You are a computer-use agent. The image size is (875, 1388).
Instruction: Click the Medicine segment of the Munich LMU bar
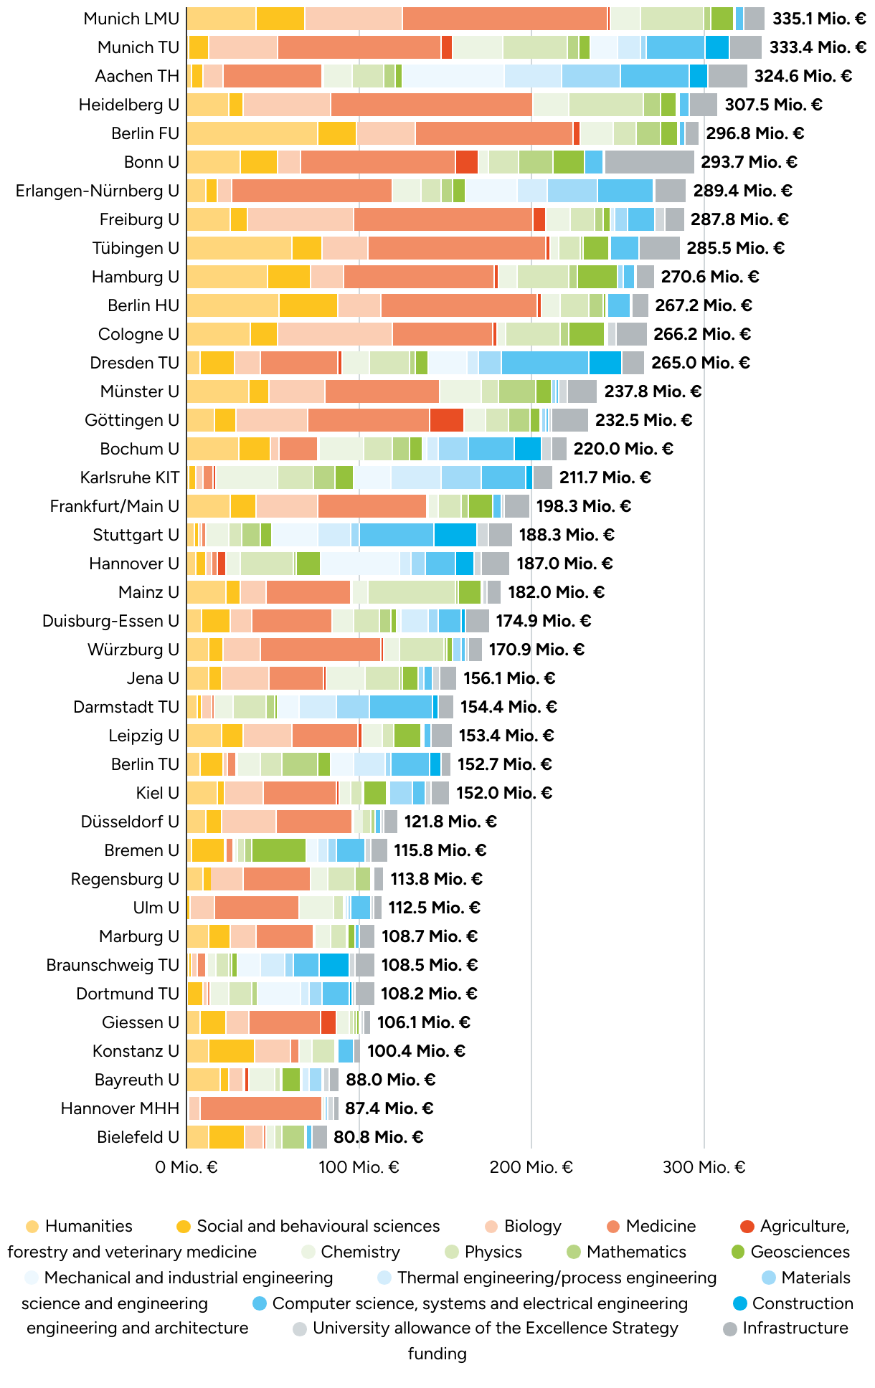(x=505, y=19)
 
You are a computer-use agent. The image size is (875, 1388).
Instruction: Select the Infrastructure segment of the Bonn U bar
(x=649, y=162)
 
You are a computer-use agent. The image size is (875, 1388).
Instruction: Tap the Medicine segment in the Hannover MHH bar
(x=261, y=1108)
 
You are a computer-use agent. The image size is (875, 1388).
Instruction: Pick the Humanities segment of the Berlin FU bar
(x=252, y=133)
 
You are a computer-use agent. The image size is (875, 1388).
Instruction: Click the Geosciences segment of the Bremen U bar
(x=278, y=850)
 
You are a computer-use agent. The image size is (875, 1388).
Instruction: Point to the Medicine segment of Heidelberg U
(x=431, y=105)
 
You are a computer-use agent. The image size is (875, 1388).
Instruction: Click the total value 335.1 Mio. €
(x=818, y=19)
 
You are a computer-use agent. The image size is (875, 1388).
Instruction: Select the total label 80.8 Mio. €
(x=378, y=1137)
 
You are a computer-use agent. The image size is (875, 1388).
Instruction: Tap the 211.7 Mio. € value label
(x=605, y=477)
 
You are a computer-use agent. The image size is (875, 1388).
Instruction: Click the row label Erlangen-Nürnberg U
(x=98, y=191)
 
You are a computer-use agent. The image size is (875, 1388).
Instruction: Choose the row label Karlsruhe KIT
(x=129, y=477)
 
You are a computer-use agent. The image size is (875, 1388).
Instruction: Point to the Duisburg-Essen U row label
(x=110, y=621)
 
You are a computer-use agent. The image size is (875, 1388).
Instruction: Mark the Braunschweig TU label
(x=113, y=965)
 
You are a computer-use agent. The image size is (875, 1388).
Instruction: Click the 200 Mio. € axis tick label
(x=531, y=1167)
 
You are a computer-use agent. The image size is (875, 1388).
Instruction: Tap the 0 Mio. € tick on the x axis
(x=186, y=1167)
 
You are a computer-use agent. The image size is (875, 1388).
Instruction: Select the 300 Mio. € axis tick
(x=704, y=1167)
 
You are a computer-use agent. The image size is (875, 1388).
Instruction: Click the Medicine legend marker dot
(x=612, y=1226)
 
